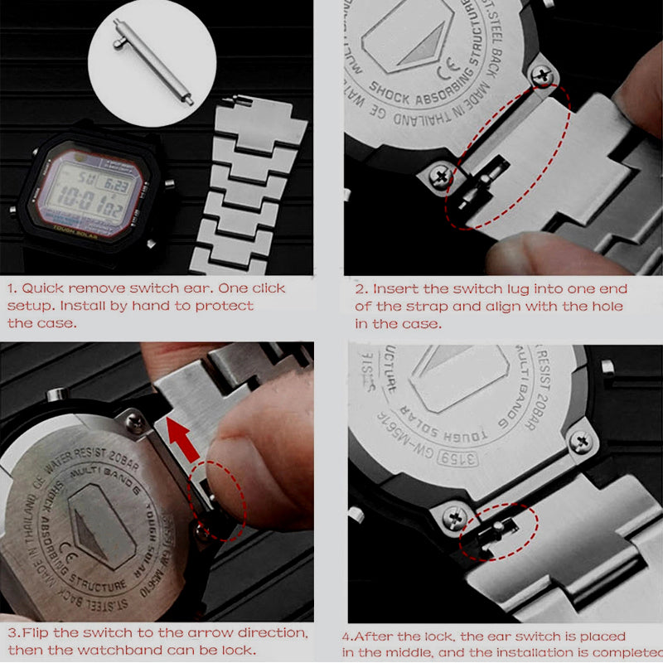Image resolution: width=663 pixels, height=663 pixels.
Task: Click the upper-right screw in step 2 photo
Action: click(544, 76)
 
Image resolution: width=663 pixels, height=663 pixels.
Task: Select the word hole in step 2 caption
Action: click(607, 307)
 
